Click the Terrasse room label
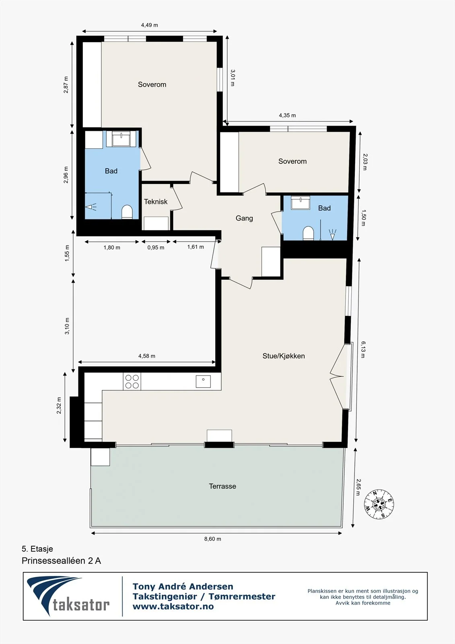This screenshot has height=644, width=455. coord(222,486)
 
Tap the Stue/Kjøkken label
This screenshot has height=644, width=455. coord(283,356)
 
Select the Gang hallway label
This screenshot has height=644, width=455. coord(244,218)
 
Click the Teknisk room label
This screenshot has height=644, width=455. coord(156,202)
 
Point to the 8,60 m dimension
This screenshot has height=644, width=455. coord(213,539)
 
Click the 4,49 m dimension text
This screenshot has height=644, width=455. coord(150,25)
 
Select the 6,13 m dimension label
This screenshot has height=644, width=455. coord(363,349)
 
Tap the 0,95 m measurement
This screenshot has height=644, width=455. coord(156,248)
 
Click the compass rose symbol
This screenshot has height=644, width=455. coord(379,504)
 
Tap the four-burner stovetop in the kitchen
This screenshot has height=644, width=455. coord(132,382)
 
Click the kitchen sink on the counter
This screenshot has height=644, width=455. coord(203,381)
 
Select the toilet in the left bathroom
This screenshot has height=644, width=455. coord(127,212)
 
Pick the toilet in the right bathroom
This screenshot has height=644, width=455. coord(308,233)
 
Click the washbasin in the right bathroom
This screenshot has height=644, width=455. coord(301,202)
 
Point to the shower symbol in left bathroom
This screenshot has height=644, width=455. coord(91,207)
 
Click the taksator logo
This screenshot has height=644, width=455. coord(68,596)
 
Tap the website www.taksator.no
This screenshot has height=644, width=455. coord(173,607)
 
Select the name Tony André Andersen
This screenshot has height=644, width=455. coord(183,586)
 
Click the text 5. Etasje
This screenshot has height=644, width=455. coord(37,549)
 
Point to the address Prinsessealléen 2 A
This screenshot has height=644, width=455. coord(62,561)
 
